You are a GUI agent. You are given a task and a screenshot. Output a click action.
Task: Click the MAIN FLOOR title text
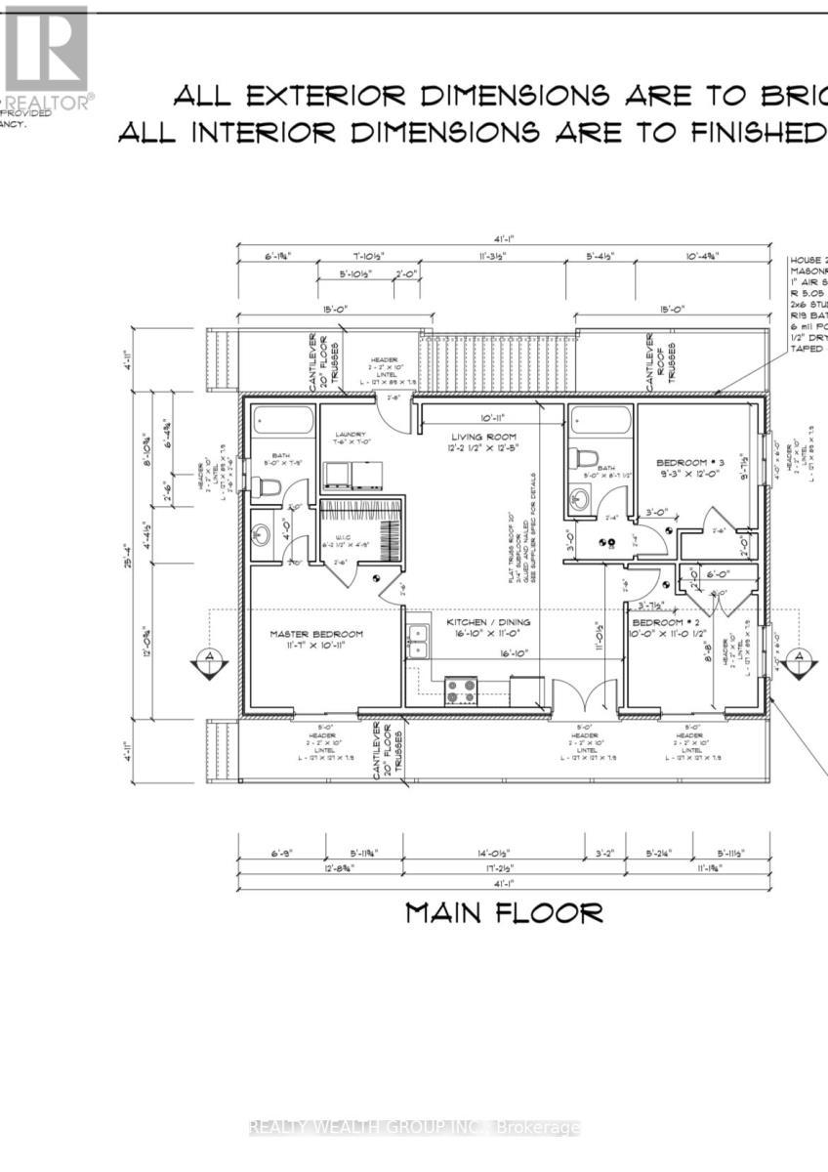[504, 913]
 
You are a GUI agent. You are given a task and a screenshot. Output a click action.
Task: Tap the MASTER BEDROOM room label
[316, 634]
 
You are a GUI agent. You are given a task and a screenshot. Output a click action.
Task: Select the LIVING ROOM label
[482, 437]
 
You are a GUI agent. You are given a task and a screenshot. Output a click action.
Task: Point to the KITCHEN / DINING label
[488, 622]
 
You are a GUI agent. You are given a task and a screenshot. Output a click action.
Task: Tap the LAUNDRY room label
[350, 436]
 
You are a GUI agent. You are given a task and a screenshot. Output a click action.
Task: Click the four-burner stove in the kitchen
[461, 691]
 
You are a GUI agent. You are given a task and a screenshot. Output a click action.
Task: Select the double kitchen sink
[418, 642]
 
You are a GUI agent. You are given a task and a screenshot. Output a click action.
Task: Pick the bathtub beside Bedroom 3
[600, 421]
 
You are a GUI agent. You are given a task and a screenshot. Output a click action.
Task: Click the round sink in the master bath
[262, 535]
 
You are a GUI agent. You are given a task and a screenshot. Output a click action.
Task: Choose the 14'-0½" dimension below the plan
[493, 853]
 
